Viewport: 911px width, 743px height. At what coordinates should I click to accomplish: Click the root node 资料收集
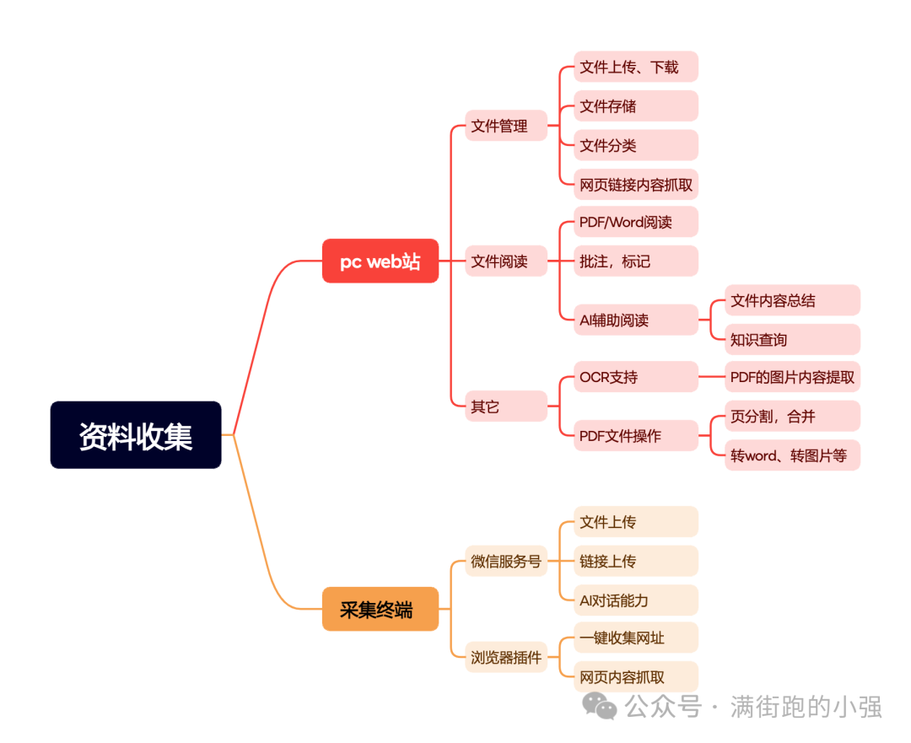135,434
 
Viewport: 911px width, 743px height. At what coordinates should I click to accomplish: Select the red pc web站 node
380,261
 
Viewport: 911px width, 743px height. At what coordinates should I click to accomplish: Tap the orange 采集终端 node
380,609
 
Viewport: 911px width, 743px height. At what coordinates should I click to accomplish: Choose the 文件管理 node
506,126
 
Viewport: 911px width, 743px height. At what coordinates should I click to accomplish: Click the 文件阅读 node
506,261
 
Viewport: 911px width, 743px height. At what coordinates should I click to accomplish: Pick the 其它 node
506,406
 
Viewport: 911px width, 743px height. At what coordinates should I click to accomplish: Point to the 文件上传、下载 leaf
636,67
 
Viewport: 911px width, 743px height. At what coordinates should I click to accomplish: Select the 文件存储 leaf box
636,105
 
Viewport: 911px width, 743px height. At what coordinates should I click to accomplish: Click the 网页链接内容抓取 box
636,185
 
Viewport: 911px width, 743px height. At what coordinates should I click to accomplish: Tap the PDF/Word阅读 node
636,221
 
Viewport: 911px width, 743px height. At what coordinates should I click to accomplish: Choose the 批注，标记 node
636,261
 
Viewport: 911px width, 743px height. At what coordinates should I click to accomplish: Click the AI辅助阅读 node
636,320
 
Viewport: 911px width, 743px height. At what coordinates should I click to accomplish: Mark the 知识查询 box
792,339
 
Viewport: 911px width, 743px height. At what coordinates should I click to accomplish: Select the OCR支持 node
636,376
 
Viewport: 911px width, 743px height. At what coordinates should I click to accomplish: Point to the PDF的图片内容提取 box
792,376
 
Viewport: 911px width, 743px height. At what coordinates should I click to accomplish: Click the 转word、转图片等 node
792,455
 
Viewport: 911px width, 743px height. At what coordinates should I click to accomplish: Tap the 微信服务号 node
506,561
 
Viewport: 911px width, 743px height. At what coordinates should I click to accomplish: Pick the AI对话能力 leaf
636,600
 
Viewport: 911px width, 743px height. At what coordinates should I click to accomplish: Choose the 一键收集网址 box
636,638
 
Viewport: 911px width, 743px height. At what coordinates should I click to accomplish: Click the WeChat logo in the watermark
599,706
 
